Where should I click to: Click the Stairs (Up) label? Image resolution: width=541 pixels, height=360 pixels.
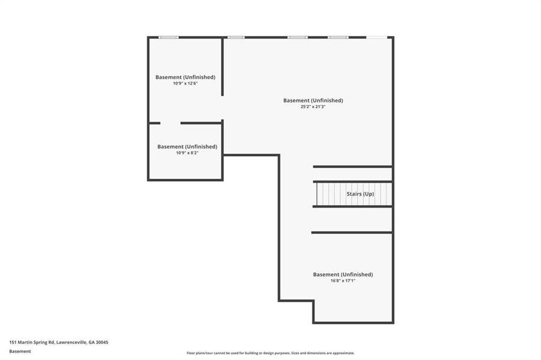(x=360, y=194)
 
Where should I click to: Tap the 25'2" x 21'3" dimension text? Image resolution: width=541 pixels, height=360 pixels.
(x=313, y=107)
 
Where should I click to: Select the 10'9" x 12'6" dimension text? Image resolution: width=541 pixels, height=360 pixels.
(x=185, y=83)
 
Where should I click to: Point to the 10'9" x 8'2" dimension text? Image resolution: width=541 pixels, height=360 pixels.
(x=187, y=153)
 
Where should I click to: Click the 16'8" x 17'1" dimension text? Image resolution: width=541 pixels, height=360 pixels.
(x=343, y=281)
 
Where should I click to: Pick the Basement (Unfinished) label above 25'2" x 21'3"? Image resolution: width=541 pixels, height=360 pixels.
(x=313, y=100)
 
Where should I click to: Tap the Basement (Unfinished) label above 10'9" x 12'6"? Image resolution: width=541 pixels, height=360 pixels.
(x=185, y=77)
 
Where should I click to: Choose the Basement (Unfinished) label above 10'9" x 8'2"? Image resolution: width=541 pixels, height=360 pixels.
(x=187, y=146)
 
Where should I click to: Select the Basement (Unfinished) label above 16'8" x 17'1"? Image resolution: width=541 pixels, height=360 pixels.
(x=343, y=274)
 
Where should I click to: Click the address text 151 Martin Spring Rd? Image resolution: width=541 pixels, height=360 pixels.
(x=58, y=342)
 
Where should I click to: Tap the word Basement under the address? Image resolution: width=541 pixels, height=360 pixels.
(x=20, y=351)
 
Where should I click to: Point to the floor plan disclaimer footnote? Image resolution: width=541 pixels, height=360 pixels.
(x=270, y=353)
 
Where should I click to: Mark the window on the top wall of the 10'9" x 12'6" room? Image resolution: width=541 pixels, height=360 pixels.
(x=169, y=37)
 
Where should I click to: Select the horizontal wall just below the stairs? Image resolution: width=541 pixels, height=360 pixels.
(x=352, y=206)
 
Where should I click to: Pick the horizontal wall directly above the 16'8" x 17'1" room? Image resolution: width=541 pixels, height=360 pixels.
(x=352, y=232)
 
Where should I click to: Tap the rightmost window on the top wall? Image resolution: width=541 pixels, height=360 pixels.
(x=376, y=37)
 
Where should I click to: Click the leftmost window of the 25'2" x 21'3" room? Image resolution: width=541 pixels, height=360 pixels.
(x=236, y=37)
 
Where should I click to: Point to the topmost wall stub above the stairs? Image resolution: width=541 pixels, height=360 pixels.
(x=352, y=166)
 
